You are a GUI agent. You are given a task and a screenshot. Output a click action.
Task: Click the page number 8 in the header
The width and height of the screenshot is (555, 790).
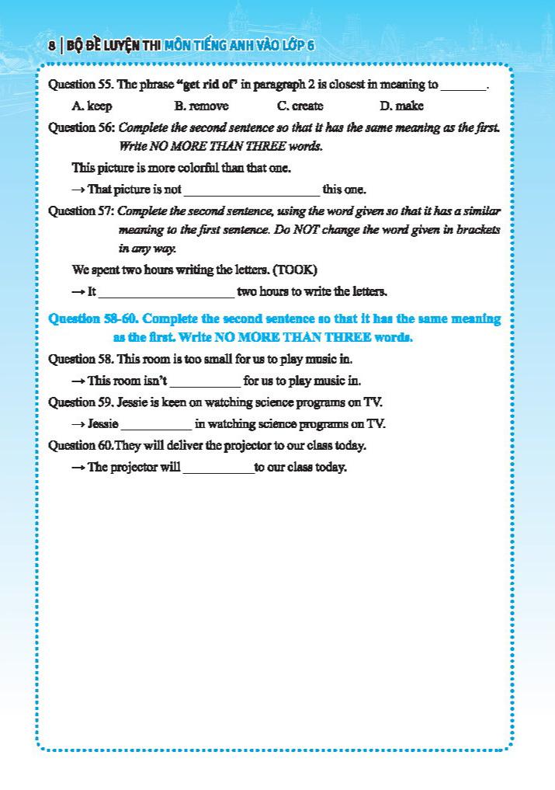(50, 46)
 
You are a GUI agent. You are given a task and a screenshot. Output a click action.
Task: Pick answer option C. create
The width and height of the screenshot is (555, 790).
(300, 106)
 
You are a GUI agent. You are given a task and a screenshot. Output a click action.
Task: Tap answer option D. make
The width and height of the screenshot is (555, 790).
(401, 106)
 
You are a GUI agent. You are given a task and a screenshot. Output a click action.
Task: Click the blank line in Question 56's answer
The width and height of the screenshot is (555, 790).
(251, 190)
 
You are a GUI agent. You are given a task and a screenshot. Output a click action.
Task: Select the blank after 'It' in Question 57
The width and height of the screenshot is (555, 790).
(166, 293)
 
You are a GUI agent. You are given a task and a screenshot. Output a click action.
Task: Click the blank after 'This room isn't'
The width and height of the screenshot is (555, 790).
(205, 381)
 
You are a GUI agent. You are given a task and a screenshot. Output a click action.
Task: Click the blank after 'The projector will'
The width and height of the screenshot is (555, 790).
(218, 468)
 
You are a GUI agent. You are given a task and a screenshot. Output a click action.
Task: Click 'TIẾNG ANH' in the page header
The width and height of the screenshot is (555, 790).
(232, 46)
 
